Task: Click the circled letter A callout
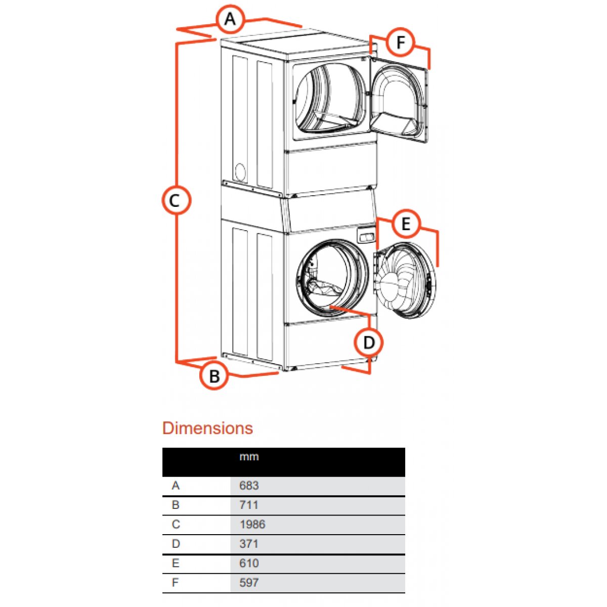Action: [230, 19]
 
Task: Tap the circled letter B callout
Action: [214, 376]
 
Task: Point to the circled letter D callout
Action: [369, 342]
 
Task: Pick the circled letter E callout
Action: [406, 224]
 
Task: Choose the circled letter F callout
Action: [401, 42]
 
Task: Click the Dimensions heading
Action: [207, 428]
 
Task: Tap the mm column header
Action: [249, 457]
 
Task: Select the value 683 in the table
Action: [249, 486]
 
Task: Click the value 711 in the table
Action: [249, 505]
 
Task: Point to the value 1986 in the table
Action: [252, 525]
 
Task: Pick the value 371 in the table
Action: [249, 544]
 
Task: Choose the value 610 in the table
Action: [249, 563]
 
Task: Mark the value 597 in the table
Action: [249, 583]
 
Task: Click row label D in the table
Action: [176, 544]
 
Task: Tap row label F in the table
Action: [175, 583]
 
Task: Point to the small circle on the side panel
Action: [240, 172]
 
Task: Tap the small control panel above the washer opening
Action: [367, 236]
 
